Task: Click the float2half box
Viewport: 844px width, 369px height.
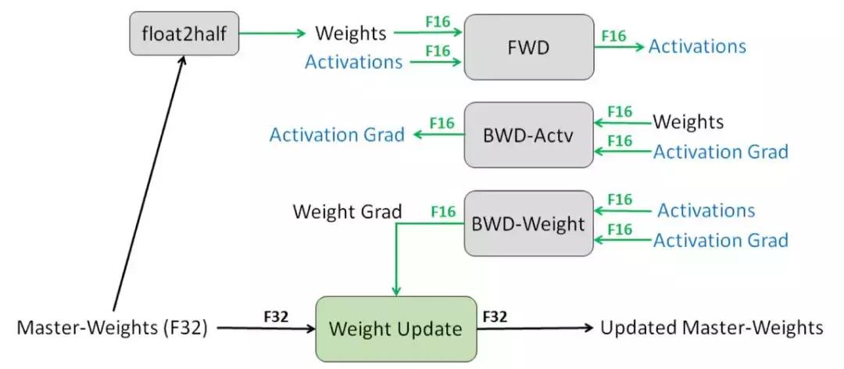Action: click(x=183, y=34)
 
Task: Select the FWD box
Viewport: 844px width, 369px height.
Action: click(x=528, y=46)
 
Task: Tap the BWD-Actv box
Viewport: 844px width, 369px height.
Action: click(x=528, y=134)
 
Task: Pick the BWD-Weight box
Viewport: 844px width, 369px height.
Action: click(x=528, y=224)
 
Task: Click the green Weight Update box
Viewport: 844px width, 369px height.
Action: click(x=395, y=328)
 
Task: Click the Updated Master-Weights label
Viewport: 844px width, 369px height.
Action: click(x=711, y=328)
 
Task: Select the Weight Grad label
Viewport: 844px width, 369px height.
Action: click(x=348, y=211)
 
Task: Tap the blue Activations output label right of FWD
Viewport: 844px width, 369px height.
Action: click(x=697, y=46)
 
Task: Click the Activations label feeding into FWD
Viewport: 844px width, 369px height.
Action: click(x=354, y=62)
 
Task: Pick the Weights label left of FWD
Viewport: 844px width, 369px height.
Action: click(x=350, y=34)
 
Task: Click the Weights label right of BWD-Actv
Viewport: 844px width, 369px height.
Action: click(x=688, y=122)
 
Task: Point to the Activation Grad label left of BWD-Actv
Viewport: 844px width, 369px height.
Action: click(x=337, y=134)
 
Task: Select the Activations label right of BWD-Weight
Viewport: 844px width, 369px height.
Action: click(x=706, y=210)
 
